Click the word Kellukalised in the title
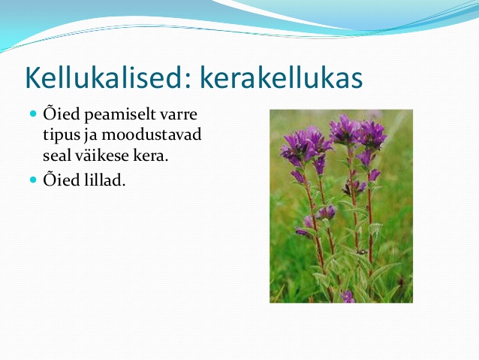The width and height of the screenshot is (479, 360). pos(104,77)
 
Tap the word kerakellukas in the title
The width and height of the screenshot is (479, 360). pos(281,77)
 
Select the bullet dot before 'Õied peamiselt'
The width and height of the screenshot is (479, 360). pos(33,113)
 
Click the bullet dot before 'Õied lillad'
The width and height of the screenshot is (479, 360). pos(33,180)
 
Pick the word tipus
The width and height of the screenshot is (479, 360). pos(62,135)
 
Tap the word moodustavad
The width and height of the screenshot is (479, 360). pos(152,135)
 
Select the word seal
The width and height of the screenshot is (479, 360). pos(56,156)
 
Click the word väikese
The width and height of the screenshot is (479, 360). pos(101,155)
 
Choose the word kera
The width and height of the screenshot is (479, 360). pos(149,156)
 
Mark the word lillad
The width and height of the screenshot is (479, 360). pos(104,180)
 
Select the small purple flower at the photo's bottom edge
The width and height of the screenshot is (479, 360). pos(348,296)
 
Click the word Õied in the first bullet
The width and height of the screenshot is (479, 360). pos(62,113)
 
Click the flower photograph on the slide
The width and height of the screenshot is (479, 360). pos(341,206)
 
